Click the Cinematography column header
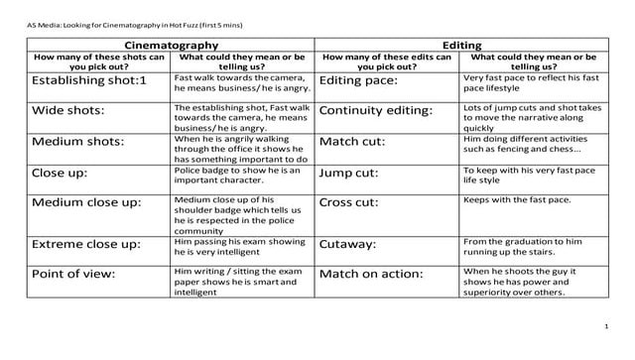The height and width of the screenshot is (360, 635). pyautogui.click(x=171, y=46)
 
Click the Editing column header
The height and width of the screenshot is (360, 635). pyautogui.click(x=461, y=46)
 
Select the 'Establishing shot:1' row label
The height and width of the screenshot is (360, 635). pyautogui.click(x=90, y=79)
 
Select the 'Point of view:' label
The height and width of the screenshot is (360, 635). pyautogui.click(x=73, y=273)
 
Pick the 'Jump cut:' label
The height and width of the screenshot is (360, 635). pyautogui.click(x=348, y=173)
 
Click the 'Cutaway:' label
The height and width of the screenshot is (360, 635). pyautogui.click(x=347, y=243)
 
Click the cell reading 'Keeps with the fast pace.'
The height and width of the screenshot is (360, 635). pyautogui.click(x=517, y=199)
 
